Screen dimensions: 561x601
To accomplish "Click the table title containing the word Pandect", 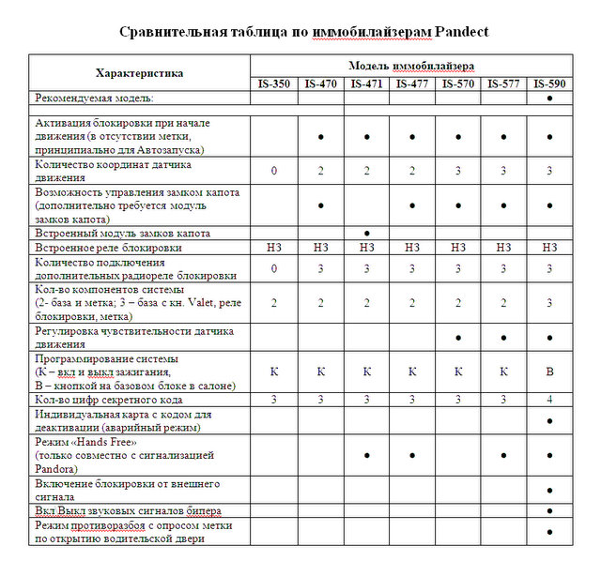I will point(303,32).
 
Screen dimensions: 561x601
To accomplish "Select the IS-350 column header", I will point(274,83).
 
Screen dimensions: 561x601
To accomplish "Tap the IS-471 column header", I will point(366,83).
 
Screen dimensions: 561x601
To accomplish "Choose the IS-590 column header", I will point(548,83).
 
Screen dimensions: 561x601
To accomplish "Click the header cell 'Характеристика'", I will point(140,73).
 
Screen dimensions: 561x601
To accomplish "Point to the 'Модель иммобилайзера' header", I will point(411,66).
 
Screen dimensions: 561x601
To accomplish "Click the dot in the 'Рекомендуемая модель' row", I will point(549,98).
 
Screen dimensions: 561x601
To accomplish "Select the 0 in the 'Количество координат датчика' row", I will point(274,171).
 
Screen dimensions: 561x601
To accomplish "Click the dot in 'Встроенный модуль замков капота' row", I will point(366,233).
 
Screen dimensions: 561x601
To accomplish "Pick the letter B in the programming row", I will point(549,371).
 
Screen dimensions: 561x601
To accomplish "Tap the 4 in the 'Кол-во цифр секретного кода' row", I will point(549,400).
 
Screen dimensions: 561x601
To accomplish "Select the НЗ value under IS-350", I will point(274,248).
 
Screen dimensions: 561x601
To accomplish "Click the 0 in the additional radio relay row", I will point(274,269).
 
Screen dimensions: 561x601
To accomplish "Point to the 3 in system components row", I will point(549,303).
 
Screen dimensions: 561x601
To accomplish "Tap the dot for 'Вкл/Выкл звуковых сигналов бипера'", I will point(549,510).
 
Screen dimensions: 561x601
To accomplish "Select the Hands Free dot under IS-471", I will point(366,455).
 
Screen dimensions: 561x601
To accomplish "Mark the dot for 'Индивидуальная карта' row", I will point(549,420).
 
